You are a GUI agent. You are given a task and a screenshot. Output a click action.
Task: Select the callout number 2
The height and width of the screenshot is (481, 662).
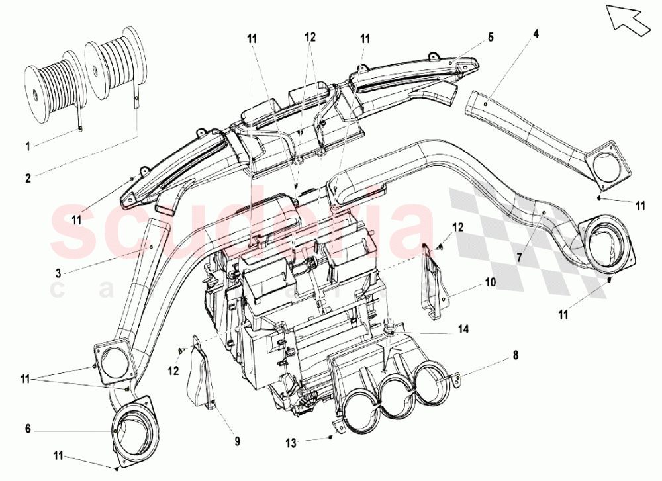click(x=28, y=177)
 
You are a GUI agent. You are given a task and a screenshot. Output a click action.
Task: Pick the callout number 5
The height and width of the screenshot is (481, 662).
click(x=490, y=38)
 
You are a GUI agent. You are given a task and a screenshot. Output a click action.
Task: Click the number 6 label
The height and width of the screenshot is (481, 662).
click(x=28, y=429)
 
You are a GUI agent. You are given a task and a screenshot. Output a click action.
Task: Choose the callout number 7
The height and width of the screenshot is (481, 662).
click(x=518, y=255)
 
